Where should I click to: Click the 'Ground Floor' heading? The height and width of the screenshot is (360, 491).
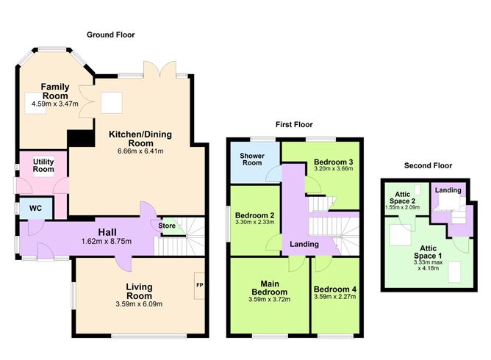(111, 35)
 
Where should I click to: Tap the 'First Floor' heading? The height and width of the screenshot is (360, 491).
(295, 125)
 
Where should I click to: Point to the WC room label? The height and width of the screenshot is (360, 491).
(35, 208)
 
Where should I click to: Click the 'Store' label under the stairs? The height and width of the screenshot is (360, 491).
(167, 226)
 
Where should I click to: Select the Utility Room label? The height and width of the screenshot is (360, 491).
(43, 165)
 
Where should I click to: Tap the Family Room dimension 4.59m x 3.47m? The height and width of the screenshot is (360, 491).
(54, 104)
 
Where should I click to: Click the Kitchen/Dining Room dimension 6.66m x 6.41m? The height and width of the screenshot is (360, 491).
(136, 151)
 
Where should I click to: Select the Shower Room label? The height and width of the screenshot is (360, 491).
(252, 159)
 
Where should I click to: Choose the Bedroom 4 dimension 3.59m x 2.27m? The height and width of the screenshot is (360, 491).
(334, 299)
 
